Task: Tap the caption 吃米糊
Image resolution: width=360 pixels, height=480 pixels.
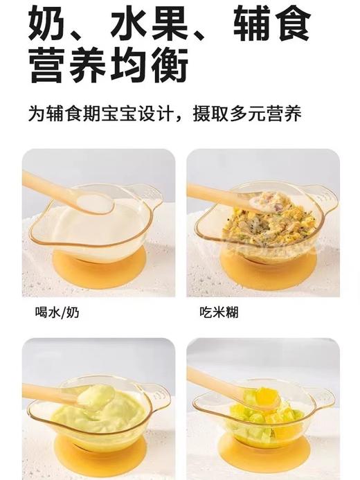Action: tap(214, 312)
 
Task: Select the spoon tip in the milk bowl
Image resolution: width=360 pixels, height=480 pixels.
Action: tap(95, 202)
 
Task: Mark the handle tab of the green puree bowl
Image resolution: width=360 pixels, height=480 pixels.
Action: tap(159, 398)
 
